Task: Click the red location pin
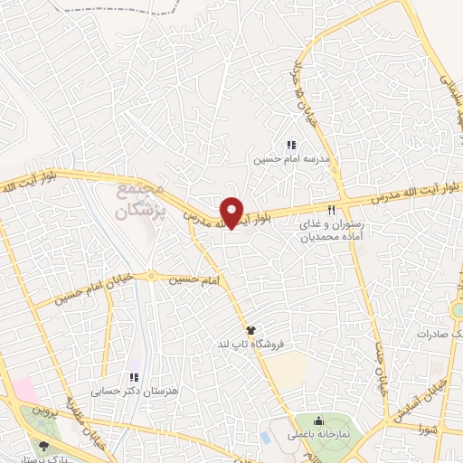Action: [232, 213]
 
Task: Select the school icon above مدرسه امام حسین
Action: [291, 145]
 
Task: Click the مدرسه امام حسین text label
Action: [291, 159]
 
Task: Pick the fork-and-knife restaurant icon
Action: [318, 210]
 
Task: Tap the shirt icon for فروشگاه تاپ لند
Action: [250, 329]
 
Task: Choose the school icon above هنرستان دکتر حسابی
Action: [134, 377]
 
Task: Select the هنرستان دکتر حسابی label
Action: [121, 392]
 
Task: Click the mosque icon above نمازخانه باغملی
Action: [318, 420]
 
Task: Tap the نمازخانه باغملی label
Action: [317, 436]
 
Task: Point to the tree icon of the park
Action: [44, 445]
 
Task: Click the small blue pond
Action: [265, 437]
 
